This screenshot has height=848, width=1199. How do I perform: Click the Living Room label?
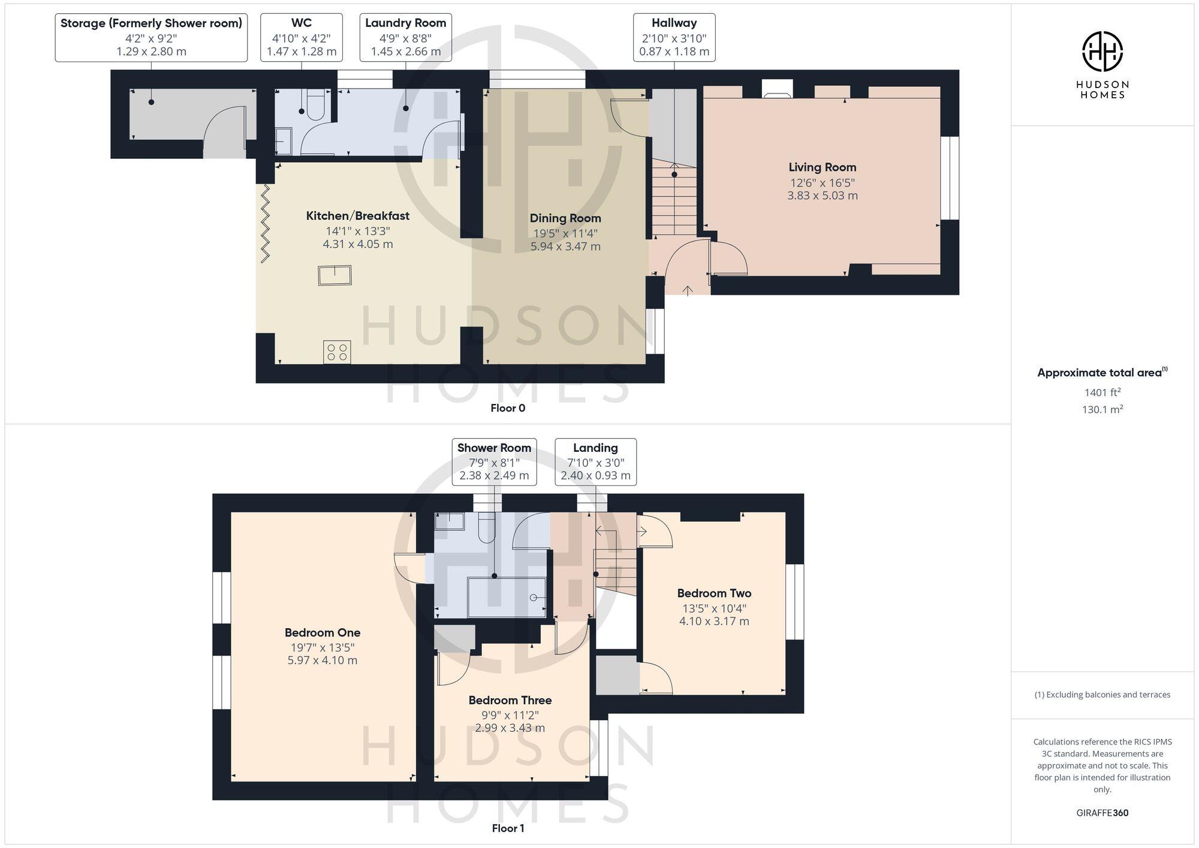click(822, 168)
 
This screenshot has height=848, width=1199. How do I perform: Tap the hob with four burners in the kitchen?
click(337, 352)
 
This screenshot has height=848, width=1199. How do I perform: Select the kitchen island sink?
click(335, 275)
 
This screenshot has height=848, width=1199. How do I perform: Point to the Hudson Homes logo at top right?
click(1102, 52)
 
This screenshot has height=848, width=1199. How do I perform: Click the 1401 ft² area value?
click(1102, 393)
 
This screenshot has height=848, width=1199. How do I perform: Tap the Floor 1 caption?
click(508, 828)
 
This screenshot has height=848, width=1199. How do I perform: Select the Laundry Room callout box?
click(405, 37)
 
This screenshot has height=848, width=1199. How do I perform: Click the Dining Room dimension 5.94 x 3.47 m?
click(565, 246)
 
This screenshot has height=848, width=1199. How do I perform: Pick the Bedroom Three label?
click(510, 700)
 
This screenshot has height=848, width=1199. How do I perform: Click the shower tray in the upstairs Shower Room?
click(507, 597)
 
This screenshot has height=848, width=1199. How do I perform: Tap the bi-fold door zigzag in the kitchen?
click(265, 223)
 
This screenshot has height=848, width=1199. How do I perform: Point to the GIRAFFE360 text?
click(1102, 813)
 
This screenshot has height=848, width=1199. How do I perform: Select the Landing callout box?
click(595, 461)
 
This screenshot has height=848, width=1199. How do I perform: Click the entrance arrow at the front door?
click(688, 290)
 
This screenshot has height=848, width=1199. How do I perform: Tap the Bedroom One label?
click(322, 632)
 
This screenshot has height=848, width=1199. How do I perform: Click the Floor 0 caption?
click(508, 408)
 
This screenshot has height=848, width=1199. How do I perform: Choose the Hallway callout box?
click(674, 37)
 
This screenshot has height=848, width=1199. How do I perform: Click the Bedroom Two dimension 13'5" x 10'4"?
click(713, 608)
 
